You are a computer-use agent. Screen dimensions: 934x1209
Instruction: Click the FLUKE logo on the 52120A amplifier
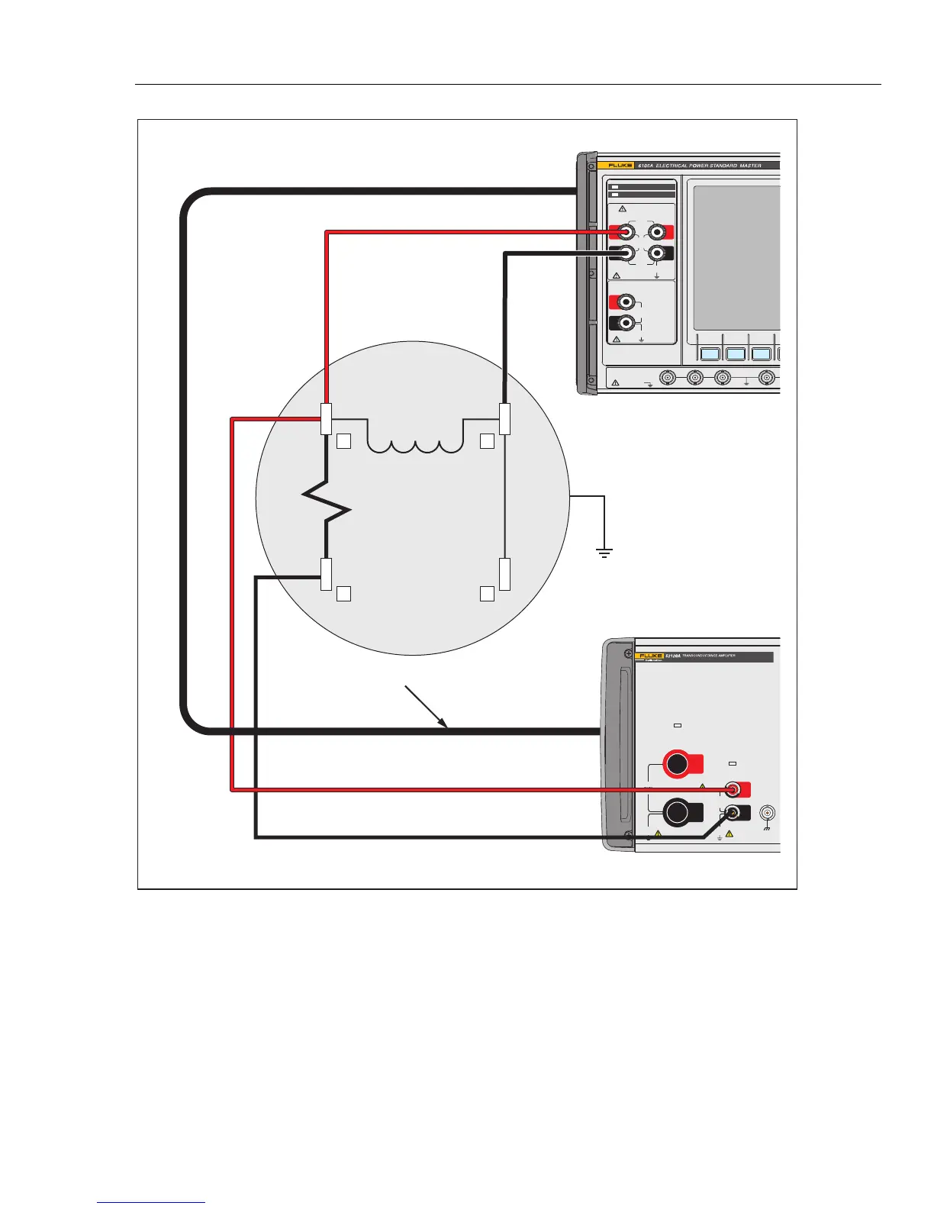point(648,656)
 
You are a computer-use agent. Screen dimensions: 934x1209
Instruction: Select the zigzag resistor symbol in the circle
point(327,504)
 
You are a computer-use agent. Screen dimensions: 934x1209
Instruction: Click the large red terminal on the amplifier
point(677,764)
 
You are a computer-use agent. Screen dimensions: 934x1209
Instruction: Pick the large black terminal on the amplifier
point(677,813)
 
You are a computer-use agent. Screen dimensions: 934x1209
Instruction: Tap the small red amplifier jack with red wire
point(733,789)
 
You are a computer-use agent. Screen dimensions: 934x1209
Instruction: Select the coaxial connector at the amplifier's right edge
point(767,813)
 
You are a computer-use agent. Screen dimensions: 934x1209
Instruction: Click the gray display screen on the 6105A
point(736,257)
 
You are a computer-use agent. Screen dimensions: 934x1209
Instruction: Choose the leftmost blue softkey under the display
point(710,353)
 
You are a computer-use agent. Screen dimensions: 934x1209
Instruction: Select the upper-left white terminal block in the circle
point(327,419)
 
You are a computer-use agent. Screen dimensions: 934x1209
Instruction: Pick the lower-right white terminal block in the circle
point(504,574)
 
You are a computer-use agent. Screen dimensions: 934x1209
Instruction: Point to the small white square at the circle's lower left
point(343,594)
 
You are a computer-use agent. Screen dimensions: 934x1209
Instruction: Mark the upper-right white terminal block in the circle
point(504,419)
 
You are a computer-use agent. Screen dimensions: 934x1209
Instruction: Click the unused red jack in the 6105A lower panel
point(626,301)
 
